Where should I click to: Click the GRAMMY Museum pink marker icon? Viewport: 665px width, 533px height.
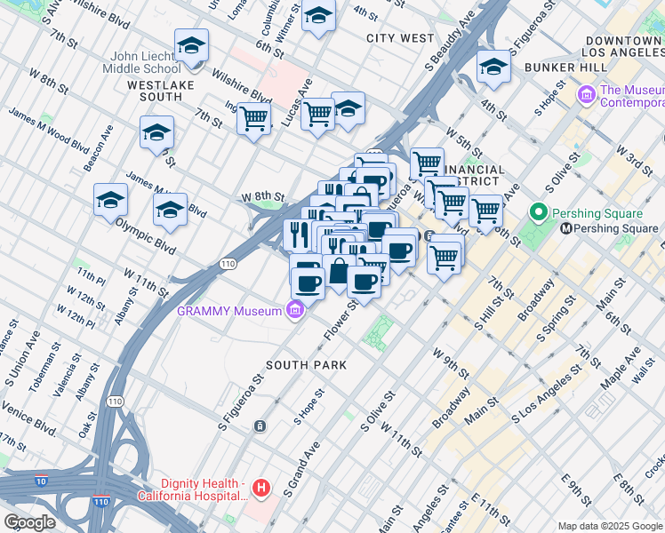click(295, 310)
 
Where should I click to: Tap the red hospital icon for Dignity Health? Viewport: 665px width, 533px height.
click(260, 488)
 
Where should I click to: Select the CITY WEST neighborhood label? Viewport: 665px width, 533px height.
click(401, 38)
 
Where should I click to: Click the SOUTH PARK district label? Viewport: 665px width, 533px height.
click(307, 365)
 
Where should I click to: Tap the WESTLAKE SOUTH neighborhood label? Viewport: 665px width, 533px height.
click(167, 85)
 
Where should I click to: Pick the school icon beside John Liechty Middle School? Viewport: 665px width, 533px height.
click(192, 46)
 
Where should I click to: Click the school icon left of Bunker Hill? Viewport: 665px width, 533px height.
click(493, 67)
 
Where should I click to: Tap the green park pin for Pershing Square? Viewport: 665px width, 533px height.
click(537, 213)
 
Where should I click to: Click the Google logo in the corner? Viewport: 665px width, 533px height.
click(30, 522)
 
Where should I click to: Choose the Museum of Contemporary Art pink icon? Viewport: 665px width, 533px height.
click(586, 94)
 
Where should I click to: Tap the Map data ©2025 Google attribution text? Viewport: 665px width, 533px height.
click(609, 526)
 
